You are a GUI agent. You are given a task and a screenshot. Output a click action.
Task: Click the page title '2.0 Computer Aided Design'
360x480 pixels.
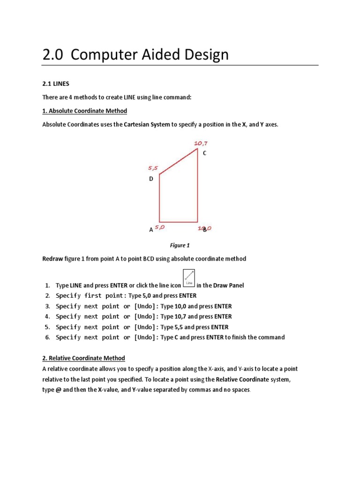click(x=135, y=55)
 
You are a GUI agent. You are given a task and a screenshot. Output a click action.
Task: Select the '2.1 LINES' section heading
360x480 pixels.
click(x=56, y=83)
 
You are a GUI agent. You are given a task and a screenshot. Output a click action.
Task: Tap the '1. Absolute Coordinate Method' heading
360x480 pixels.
click(x=84, y=111)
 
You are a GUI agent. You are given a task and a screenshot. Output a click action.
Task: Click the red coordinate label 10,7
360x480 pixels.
click(x=201, y=143)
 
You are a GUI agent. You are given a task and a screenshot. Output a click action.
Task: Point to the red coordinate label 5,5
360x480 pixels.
click(x=153, y=167)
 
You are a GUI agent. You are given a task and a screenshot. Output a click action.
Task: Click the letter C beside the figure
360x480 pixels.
click(x=204, y=153)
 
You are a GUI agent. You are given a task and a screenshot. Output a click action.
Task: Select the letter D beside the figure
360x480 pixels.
click(x=151, y=179)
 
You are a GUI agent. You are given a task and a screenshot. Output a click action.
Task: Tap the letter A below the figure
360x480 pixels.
click(x=151, y=230)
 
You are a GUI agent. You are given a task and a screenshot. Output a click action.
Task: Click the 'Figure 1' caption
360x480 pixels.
click(x=180, y=245)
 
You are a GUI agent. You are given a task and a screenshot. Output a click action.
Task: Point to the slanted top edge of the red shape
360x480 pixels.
click(x=178, y=162)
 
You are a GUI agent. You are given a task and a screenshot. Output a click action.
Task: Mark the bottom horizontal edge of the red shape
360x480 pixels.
click(x=178, y=222)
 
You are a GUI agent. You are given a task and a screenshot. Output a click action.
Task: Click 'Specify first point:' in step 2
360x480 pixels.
click(x=91, y=296)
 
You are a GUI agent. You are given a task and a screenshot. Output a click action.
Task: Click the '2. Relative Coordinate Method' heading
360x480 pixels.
click(x=83, y=358)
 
